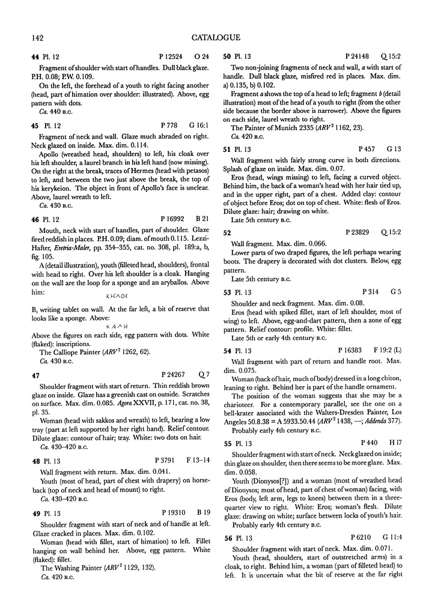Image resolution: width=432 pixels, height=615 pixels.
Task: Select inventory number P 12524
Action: [x=166, y=58]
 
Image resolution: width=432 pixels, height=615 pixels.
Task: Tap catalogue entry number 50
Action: [x=227, y=58]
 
